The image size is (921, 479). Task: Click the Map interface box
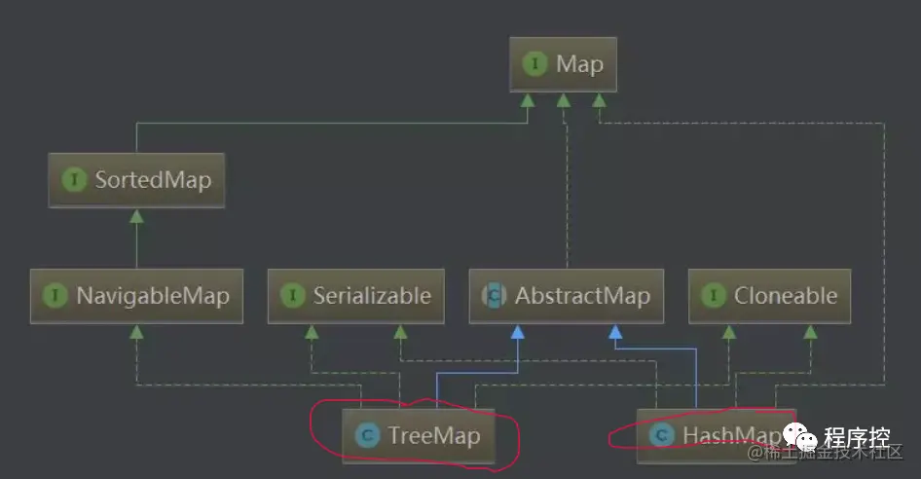564,65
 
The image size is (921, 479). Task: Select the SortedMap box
136,180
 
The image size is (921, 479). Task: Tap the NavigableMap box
135,296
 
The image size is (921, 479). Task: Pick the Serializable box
356,296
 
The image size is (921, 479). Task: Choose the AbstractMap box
566,296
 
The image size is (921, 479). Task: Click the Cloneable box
769,296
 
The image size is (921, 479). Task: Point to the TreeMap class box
419,435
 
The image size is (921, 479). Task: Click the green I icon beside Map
535,65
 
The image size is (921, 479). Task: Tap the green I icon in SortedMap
74,180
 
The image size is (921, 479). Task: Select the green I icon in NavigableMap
55,296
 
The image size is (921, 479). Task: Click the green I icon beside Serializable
293,296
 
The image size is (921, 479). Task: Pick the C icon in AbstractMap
494,296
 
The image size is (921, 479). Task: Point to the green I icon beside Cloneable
714,296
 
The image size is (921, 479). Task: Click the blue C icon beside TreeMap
367,435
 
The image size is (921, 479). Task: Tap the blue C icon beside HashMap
662,435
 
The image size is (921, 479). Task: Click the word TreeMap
434,435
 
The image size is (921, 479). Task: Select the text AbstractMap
582,296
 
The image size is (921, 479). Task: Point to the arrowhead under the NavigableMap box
136,331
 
